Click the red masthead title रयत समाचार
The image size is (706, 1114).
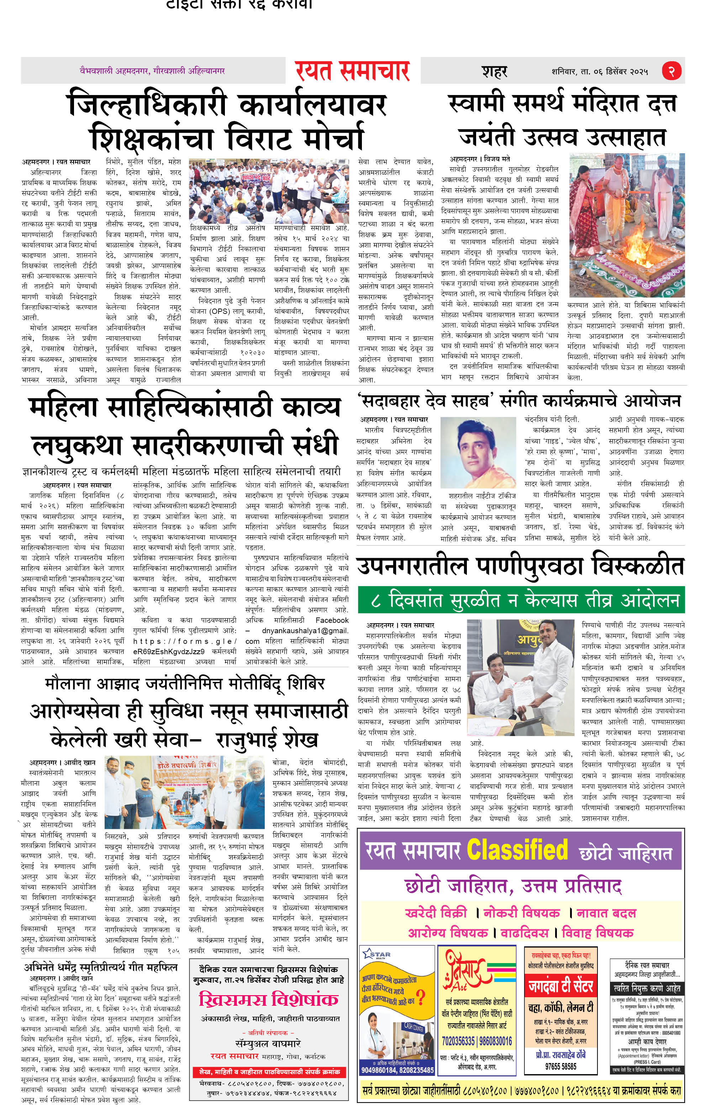(353, 71)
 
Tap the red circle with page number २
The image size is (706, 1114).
(671, 71)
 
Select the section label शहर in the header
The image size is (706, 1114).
(495, 72)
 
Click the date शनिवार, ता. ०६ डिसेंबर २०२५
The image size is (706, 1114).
(600, 72)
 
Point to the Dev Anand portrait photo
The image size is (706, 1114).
(478, 452)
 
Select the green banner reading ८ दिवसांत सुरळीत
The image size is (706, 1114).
(521, 600)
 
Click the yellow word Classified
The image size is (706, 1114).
(517, 849)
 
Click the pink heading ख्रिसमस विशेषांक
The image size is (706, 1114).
(269, 1000)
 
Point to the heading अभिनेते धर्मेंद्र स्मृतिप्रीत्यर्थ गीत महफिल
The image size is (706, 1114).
(100, 967)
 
